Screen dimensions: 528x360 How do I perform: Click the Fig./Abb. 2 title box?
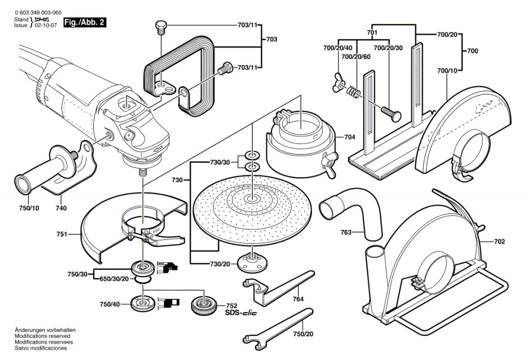pos(85,23)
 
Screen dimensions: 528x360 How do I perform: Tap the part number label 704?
pos(350,137)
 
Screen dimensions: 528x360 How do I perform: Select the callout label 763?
pos(346,232)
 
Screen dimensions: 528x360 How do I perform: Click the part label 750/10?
pos(29,208)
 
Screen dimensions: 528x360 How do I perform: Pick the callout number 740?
pos(61,208)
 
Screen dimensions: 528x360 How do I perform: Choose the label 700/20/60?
pos(356,57)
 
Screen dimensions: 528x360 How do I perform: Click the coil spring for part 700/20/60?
pos(353,91)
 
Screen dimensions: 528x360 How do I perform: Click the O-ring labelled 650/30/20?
pos(143,280)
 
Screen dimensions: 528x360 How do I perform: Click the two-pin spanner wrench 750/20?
pos(279,328)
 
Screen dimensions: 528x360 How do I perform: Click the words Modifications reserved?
pos(42,336)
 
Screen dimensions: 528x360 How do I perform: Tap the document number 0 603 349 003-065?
pos(38,13)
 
